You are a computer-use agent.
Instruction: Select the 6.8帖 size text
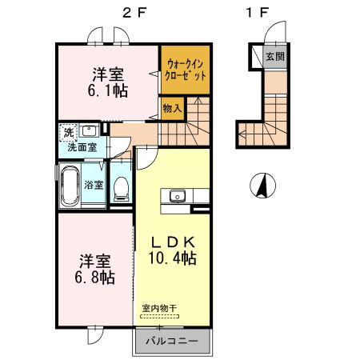click(x=94, y=277)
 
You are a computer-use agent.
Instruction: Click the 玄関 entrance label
click(x=274, y=57)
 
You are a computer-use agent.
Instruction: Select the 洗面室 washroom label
click(x=82, y=148)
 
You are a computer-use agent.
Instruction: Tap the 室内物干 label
click(x=158, y=307)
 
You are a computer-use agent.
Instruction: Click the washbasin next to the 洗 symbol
click(x=90, y=130)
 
